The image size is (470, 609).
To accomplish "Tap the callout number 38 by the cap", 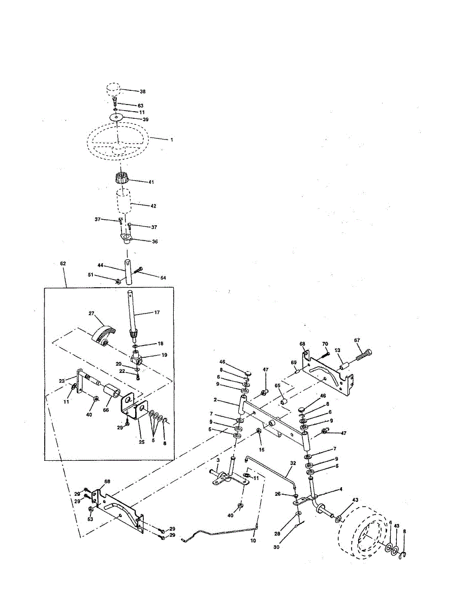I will [143, 92].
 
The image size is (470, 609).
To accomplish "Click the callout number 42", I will [153, 206].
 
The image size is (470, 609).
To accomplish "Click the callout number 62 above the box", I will [63, 264].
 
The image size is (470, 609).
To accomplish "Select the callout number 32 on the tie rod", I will [293, 463].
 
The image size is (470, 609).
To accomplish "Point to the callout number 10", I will [253, 541].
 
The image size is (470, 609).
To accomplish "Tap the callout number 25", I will [142, 442].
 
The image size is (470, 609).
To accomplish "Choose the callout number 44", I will [100, 266].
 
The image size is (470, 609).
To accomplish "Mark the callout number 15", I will [262, 449].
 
